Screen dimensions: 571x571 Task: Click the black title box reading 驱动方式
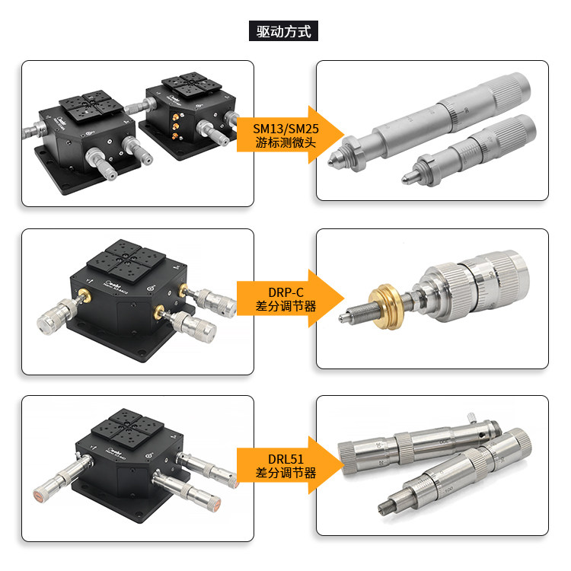[283, 31]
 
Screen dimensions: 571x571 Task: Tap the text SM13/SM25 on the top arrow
[285, 129]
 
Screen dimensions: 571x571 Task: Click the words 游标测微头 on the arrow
[285, 142]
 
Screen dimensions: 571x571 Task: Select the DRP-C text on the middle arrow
[285, 292]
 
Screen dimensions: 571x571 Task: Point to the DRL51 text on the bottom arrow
[285, 459]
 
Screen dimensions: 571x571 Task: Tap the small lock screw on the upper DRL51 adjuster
[472, 417]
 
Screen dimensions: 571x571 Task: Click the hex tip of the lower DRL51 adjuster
[384, 506]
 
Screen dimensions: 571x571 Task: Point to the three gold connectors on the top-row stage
[177, 126]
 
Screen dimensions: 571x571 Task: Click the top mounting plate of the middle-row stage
[126, 261]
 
